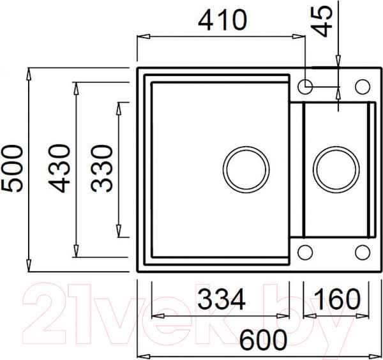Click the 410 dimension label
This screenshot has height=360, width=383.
222,20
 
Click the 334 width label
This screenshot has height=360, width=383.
220,299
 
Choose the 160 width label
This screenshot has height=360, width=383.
336,299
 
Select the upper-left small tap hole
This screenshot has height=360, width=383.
306,86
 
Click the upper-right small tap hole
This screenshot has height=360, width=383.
362,86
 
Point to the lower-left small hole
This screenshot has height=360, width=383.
306,252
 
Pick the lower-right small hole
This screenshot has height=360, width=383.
362,252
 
